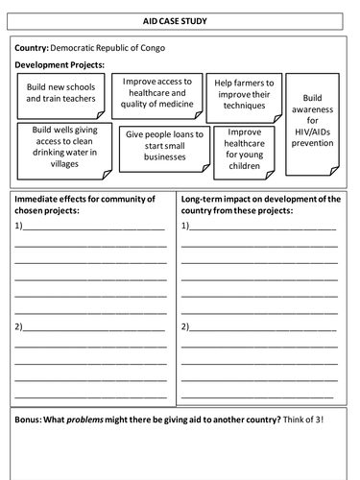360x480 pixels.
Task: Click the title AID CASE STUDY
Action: click(180, 20)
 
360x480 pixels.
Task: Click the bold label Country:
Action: click(31, 47)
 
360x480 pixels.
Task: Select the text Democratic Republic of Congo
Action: click(106, 47)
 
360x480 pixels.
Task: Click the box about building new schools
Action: click(60, 92)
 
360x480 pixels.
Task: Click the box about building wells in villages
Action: click(60, 145)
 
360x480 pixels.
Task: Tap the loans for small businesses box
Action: click(162, 146)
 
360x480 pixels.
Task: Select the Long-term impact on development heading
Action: click(260, 204)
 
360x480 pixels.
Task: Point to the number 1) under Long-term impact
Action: click(184, 228)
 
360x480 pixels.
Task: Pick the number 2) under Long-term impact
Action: click(184, 328)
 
